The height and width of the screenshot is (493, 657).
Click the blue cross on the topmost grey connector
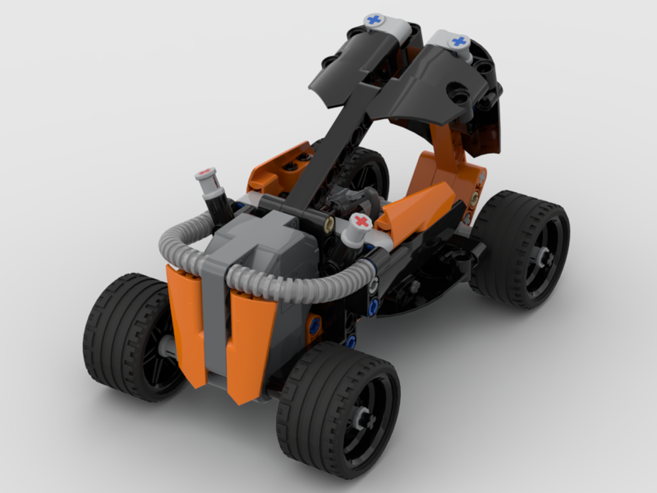point(374,20)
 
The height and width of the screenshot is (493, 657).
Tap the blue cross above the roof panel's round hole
point(459,42)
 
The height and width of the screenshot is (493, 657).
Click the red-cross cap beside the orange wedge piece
point(361,222)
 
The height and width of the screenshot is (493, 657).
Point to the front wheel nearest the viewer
point(338,401)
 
